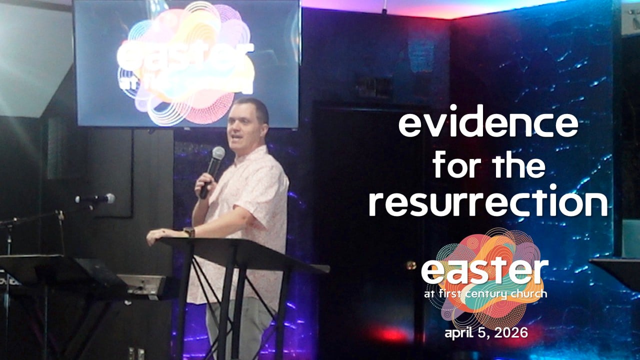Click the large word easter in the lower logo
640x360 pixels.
click(x=484, y=271)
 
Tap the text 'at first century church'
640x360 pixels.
click(x=484, y=294)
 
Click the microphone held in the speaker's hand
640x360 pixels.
click(x=213, y=167)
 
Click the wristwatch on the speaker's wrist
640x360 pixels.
click(x=188, y=232)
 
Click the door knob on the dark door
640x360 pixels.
click(x=411, y=265)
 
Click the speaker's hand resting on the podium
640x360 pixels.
click(x=159, y=236)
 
